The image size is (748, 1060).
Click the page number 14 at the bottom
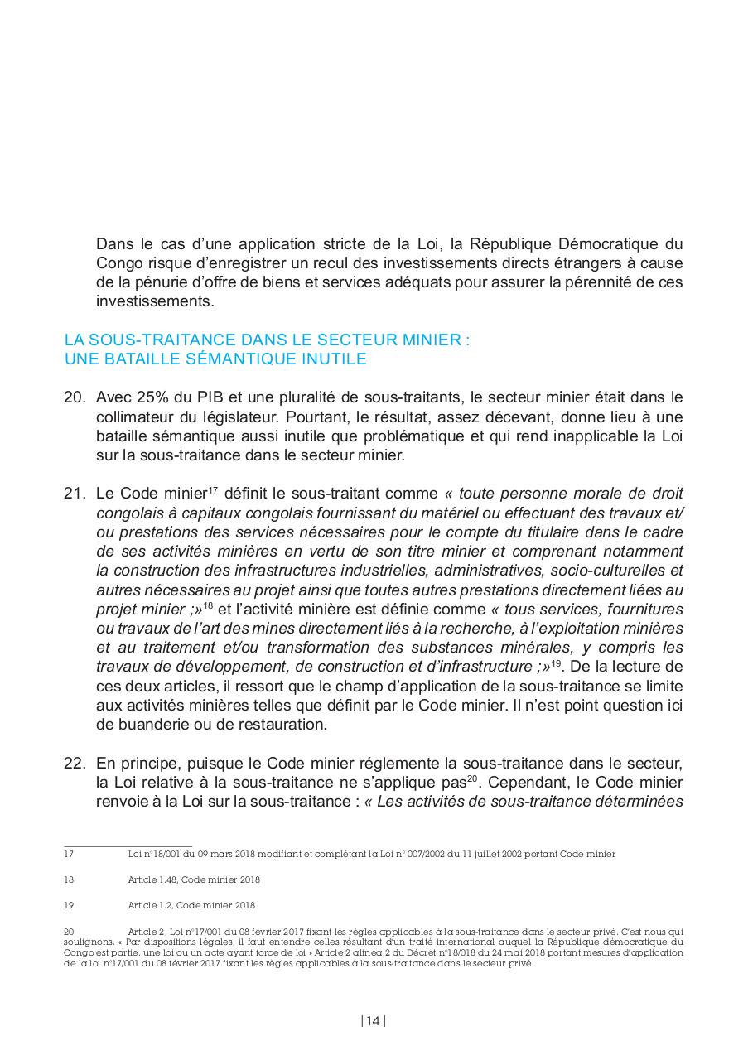pyautogui.click(x=374, y=1021)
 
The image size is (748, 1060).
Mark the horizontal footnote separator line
pyautogui.click(x=128, y=846)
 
